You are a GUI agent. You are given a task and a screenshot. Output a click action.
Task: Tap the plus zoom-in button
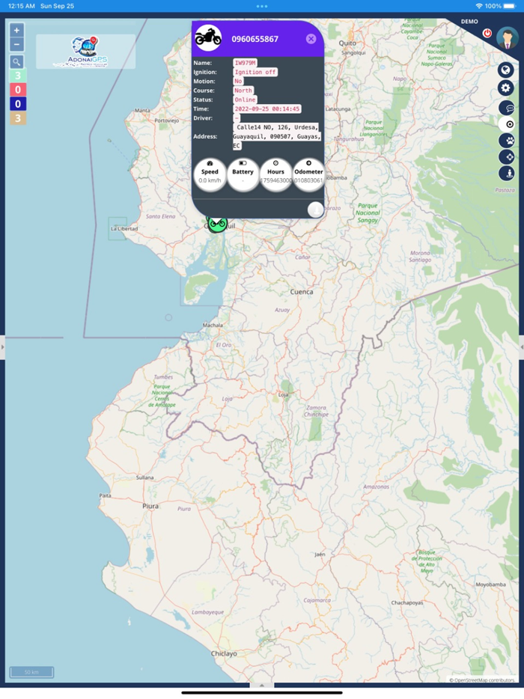pyautogui.click(x=17, y=31)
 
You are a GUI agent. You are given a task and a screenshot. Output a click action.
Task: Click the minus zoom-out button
pyautogui.click(x=17, y=45)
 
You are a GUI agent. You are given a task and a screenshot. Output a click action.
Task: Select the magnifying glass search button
pyautogui.click(x=17, y=62)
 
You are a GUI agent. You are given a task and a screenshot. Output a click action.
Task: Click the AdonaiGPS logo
pyautogui.click(x=85, y=52)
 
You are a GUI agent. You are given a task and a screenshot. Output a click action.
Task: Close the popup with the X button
pyautogui.click(x=311, y=39)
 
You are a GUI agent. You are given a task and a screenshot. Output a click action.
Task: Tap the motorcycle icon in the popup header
pyautogui.click(x=208, y=37)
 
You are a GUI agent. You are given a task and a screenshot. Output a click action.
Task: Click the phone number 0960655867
pyautogui.click(x=255, y=39)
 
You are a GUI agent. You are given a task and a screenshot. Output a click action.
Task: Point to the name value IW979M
pyautogui.click(x=245, y=63)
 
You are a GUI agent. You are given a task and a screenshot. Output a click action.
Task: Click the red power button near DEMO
pyautogui.click(x=487, y=34)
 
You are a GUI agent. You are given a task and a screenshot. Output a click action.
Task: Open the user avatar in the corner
pyautogui.click(x=507, y=38)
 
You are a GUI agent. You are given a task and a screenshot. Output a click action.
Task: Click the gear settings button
pyautogui.click(x=507, y=88)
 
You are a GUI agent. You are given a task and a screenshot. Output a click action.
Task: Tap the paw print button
pyautogui.click(x=507, y=140)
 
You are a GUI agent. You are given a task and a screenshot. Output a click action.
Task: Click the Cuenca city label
pyautogui.click(x=302, y=293)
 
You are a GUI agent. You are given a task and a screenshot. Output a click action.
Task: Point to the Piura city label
pyautogui.click(x=151, y=506)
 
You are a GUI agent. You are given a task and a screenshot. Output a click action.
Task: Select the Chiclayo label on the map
pyautogui.click(x=224, y=653)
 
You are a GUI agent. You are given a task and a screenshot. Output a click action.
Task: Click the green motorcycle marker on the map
pyautogui.click(x=217, y=223)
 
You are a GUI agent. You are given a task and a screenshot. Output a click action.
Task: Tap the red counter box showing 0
pyautogui.click(x=17, y=90)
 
